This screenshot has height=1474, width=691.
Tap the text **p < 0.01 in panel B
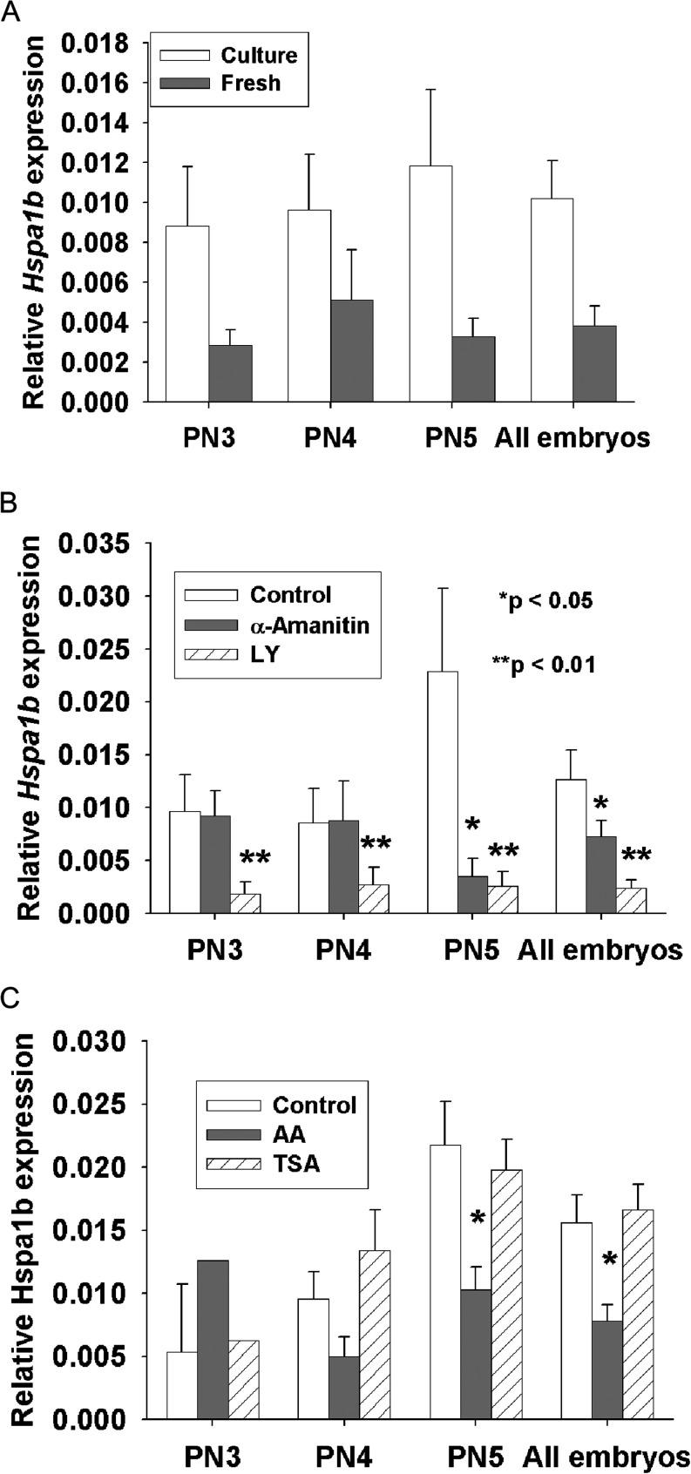coord(544,665)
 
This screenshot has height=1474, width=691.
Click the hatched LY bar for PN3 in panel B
coord(245,903)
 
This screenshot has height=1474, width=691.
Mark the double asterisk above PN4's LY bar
coord(376,843)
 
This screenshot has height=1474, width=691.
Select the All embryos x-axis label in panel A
coord(572,437)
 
